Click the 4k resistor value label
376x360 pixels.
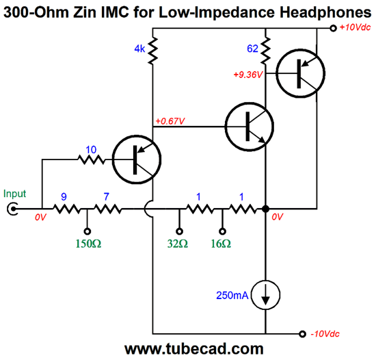[139, 49]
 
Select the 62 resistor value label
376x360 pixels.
[252, 49]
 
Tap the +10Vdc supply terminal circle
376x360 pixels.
[333, 28]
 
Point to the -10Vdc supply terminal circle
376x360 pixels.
[303, 334]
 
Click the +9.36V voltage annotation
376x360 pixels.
[248, 75]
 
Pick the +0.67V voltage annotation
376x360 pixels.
[170, 121]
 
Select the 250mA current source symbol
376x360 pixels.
[265, 295]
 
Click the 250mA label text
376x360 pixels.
[232, 296]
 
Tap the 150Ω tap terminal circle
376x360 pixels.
[88, 231]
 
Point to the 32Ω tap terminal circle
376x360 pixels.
[179, 231]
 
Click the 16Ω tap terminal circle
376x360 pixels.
[222, 231]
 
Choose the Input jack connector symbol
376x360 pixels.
[12, 209]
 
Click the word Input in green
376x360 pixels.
[14, 194]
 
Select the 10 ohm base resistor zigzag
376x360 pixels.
[92, 159]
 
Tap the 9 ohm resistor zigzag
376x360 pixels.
[67, 209]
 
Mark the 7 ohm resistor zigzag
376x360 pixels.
[108, 209]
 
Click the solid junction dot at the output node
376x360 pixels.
[265, 209]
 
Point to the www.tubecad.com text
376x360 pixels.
[194, 349]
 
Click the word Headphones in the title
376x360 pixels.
[325, 12]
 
